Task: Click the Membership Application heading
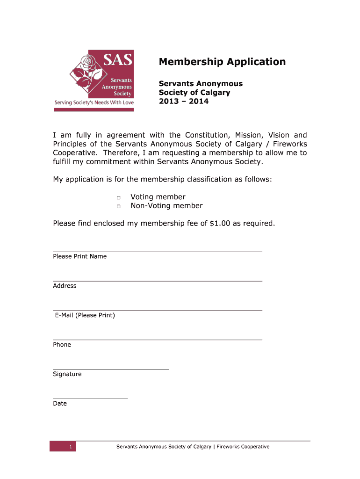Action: point(222,62)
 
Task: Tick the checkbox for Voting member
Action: point(119,197)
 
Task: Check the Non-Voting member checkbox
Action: point(119,206)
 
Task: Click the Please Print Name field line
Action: point(158,251)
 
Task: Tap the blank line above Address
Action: point(158,281)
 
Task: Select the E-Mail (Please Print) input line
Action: point(158,310)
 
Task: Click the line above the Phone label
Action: point(158,339)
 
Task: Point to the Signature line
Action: point(111,369)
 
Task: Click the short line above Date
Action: point(90,398)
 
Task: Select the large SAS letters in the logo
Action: point(117,59)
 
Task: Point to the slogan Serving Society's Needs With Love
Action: point(94,102)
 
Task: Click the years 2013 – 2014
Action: point(184,101)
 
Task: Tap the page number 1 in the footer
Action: point(70,447)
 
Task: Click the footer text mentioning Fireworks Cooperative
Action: point(193,447)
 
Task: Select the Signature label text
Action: point(67,374)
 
